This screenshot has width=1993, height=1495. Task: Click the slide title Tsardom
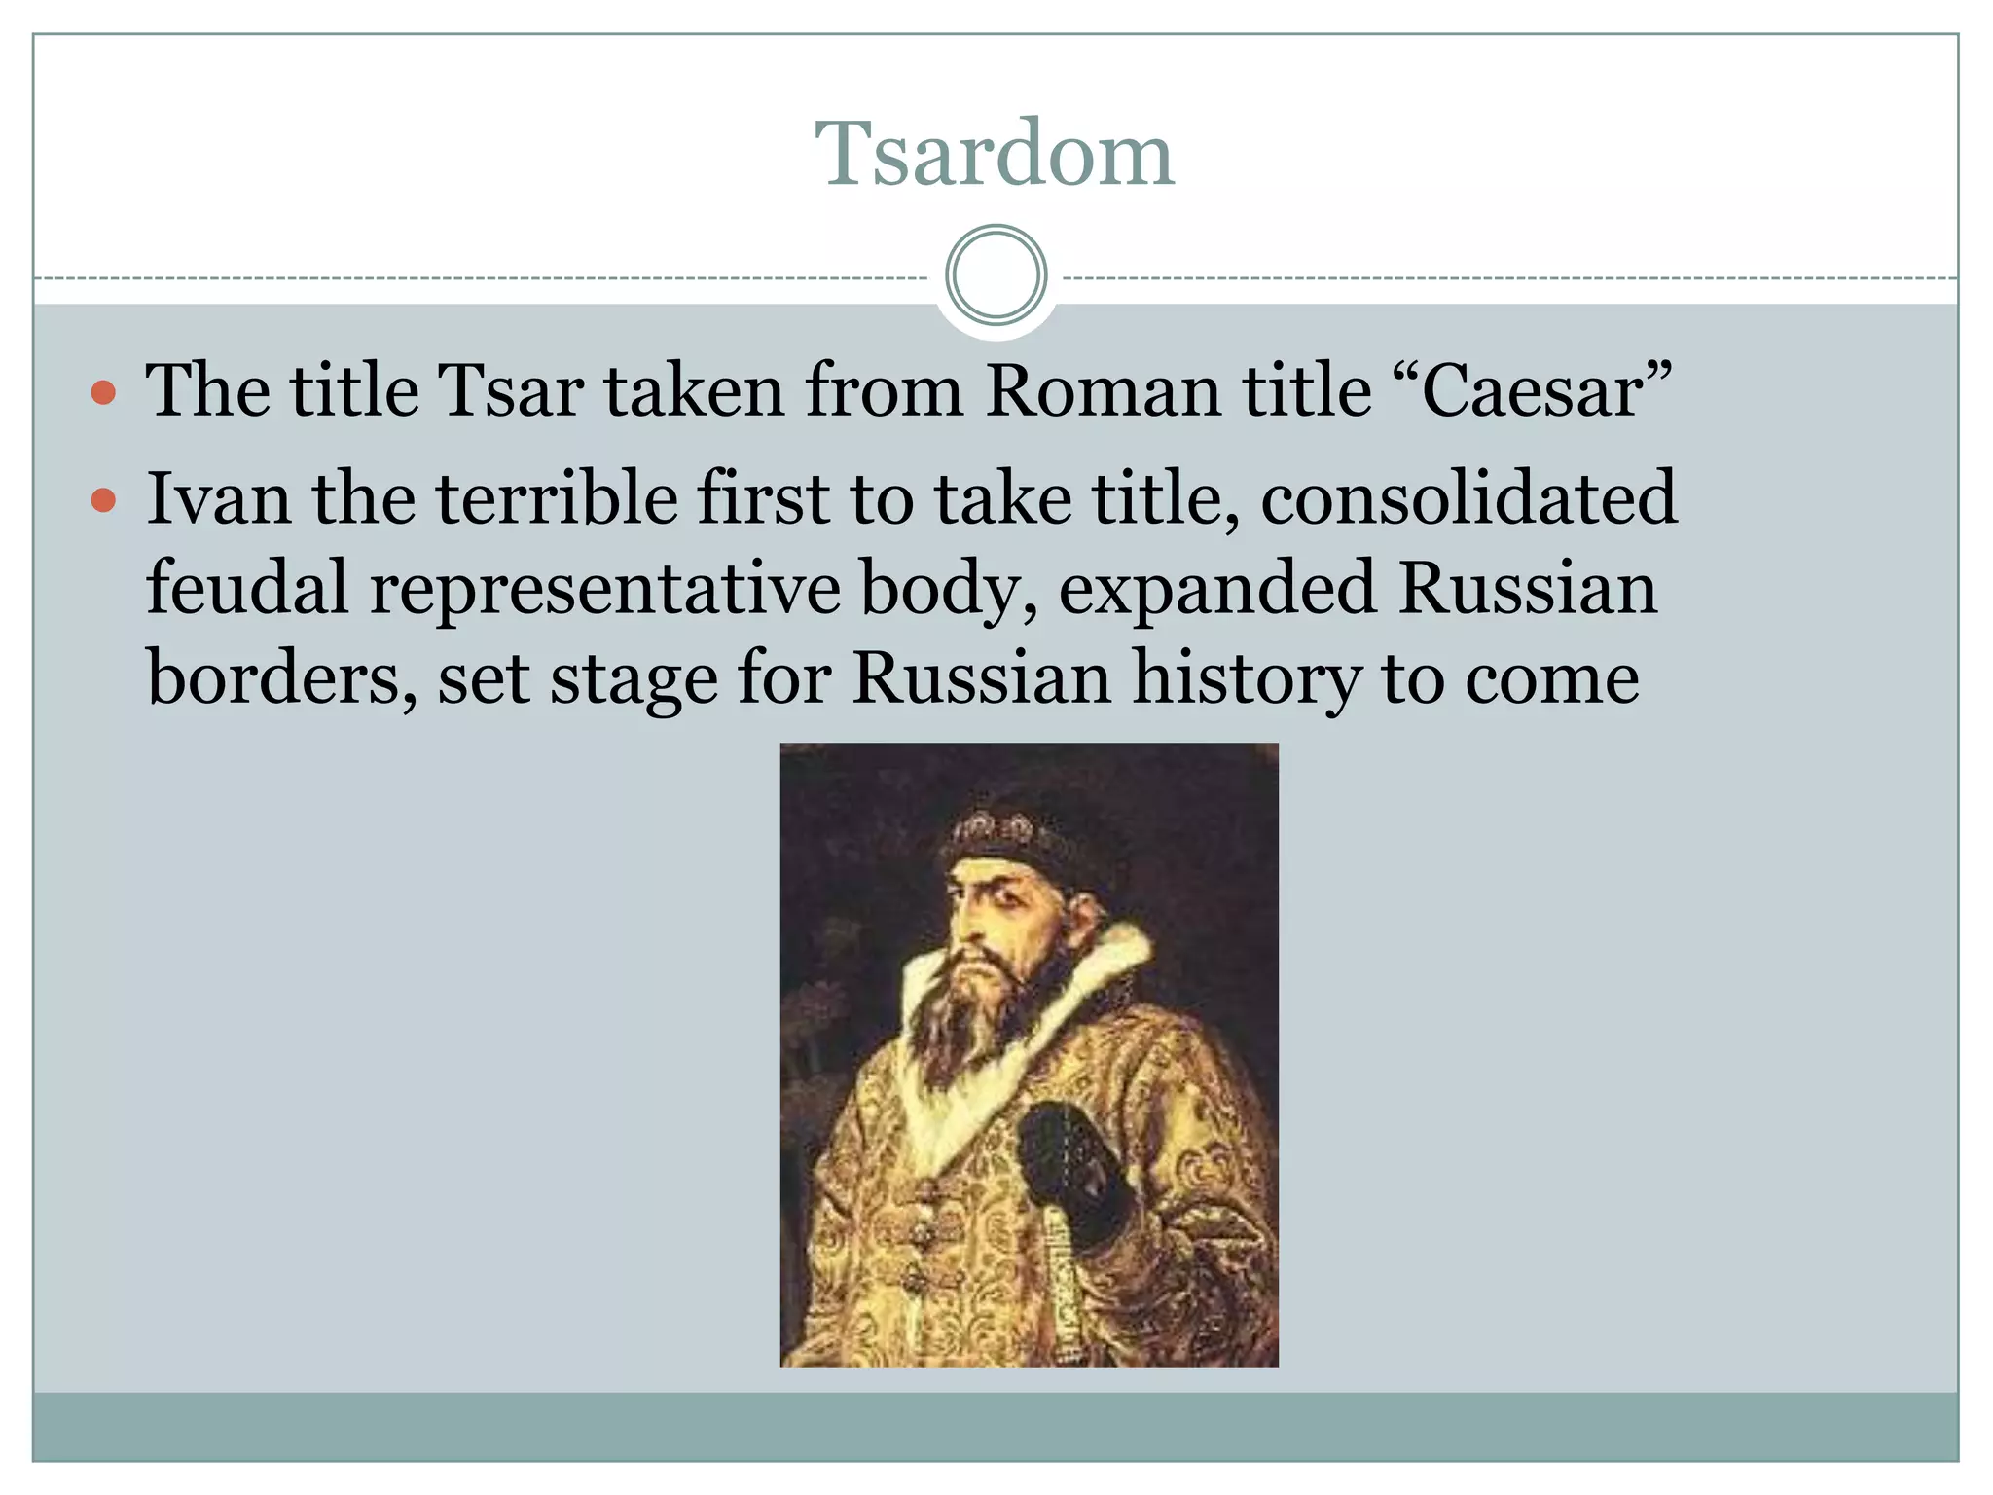995,154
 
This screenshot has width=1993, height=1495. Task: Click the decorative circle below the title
996,275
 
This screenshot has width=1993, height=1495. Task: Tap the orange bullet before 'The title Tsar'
103,394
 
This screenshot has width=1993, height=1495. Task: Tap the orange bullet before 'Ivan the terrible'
103,501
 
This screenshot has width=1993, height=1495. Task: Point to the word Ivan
218,498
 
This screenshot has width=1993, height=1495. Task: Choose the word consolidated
1468,498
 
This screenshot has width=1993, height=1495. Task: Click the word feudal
247,588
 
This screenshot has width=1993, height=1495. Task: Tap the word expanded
1216,588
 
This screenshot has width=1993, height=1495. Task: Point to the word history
1246,679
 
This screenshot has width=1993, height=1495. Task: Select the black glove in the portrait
1070,1168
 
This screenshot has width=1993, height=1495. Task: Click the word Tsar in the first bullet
511,391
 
